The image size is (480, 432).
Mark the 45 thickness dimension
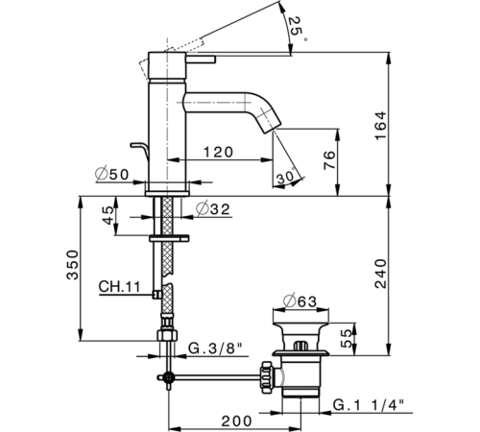tap(109, 216)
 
